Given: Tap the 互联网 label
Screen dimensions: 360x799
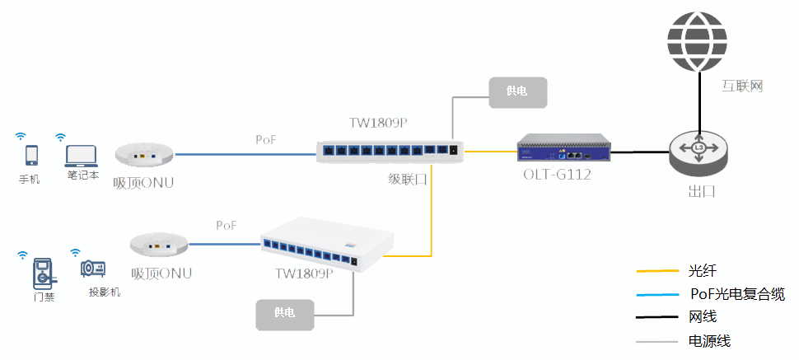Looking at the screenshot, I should [x=743, y=86].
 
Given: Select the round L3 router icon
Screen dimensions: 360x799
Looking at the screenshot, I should [x=699, y=149].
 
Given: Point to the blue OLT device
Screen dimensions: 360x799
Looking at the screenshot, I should [x=565, y=150].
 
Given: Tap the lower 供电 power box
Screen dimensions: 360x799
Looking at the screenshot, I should [x=284, y=314].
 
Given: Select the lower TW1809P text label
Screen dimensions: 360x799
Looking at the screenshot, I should [x=304, y=274].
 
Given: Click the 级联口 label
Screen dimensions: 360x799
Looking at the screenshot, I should [x=408, y=179].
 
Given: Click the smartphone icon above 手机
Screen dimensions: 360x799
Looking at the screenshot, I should [x=32, y=154].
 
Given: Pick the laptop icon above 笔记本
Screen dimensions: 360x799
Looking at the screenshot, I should [x=82, y=155].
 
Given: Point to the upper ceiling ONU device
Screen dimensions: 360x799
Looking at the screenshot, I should [x=144, y=154].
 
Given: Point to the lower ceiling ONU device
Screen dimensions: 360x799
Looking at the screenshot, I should [x=158, y=243].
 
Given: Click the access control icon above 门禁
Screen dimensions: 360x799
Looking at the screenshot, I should [x=42, y=271].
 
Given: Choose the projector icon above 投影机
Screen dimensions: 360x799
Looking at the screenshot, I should [x=92, y=269].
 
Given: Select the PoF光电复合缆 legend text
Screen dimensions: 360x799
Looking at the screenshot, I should [x=737, y=294].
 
